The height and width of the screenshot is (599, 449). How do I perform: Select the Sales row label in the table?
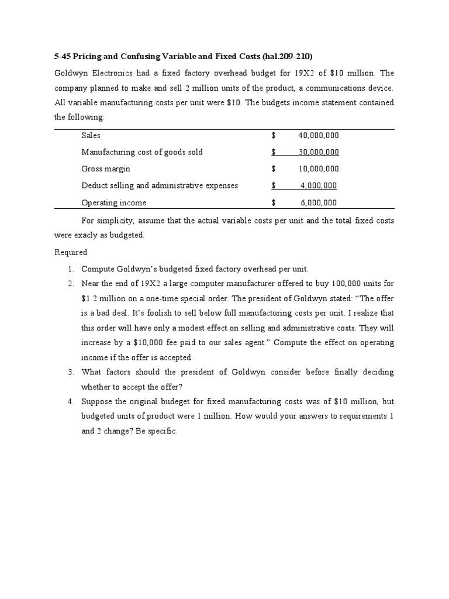[x=91, y=135]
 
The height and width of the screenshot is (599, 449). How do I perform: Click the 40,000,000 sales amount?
[x=318, y=135]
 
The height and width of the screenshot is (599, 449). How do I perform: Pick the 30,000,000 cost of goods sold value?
[x=318, y=152]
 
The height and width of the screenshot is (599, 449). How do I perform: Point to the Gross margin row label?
[x=106, y=169]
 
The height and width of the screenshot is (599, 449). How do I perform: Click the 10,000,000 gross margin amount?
[x=318, y=169]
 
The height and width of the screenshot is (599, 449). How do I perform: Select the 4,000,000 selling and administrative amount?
[x=318, y=186]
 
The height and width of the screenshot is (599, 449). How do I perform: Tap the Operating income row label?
[x=113, y=203]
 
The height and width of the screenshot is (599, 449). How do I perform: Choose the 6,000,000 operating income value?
[x=318, y=203]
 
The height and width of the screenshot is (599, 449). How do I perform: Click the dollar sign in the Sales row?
[x=274, y=135]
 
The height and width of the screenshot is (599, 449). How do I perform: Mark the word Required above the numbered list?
[x=71, y=252]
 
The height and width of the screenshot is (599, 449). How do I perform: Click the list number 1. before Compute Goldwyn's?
[x=70, y=269]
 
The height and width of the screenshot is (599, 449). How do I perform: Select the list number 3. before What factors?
[x=70, y=372]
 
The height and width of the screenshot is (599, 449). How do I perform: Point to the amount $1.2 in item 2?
[x=90, y=298]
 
